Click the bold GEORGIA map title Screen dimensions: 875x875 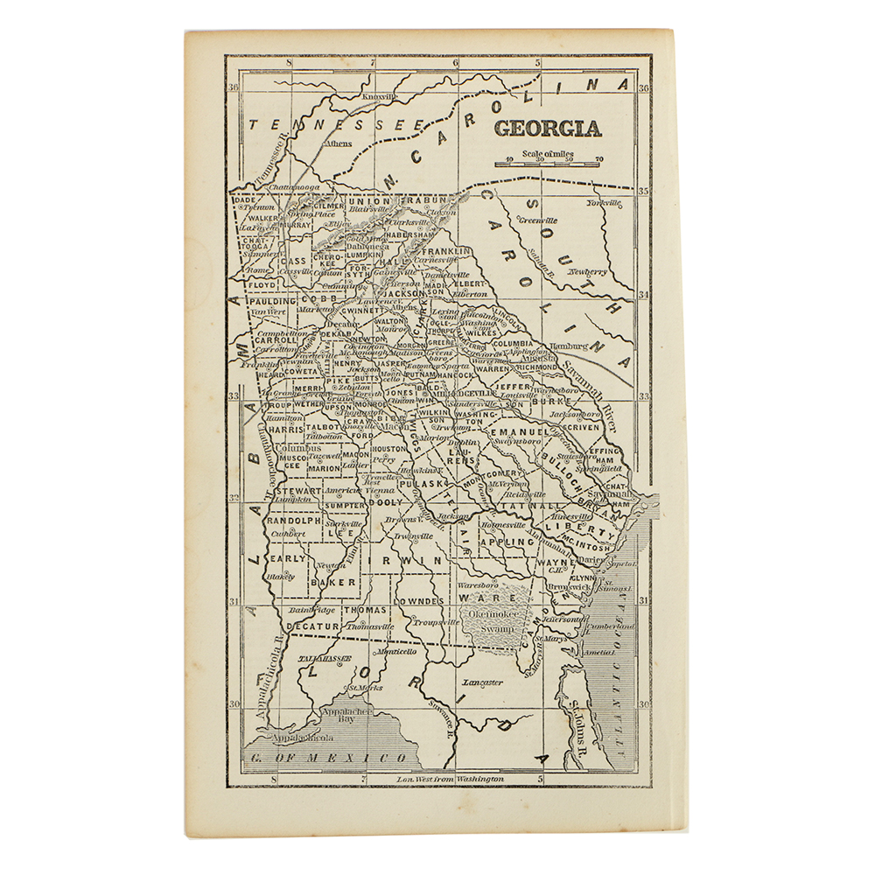pyautogui.click(x=548, y=128)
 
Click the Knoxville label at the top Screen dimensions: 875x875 pyautogui.click(x=379, y=96)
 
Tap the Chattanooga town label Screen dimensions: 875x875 pyautogui.click(x=278, y=186)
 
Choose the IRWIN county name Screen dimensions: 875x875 pyautogui.click(x=412, y=560)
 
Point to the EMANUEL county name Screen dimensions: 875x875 pyautogui.click(x=518, y=432)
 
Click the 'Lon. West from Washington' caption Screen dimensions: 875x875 pyautogui.click(x=451, y=778)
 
